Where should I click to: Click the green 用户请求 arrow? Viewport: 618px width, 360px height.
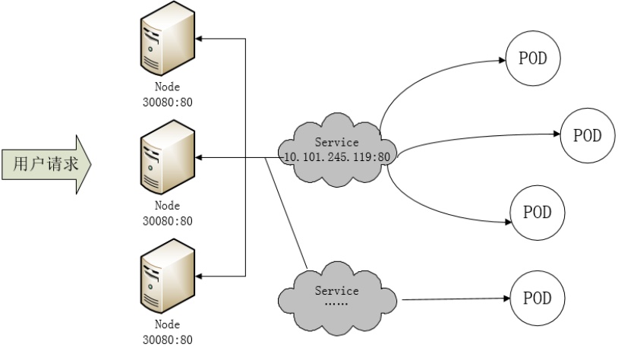click(x=46, y=163)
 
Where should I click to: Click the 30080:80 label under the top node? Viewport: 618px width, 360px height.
click(x=167, y=103)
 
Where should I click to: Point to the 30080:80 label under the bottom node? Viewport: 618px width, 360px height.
click(x=167, y=339)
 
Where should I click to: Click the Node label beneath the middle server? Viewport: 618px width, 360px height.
click(x=167, y=206)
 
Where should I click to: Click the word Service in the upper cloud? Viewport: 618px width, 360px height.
click(x=336, y=142)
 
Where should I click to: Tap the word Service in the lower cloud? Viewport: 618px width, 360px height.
click(x=336, y=290)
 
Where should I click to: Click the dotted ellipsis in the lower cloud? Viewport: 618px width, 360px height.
click(x=335, y=303)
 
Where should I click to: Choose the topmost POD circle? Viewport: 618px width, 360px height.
click(x=533, y=58)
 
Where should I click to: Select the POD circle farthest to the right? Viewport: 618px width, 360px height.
click(x=587, y=135)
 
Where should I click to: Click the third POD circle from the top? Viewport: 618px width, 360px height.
click(x=537, y=212)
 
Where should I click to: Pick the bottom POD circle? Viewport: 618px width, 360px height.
click(x=537, y=297)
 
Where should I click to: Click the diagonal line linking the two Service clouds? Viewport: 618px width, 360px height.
click(x=287, y=213)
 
